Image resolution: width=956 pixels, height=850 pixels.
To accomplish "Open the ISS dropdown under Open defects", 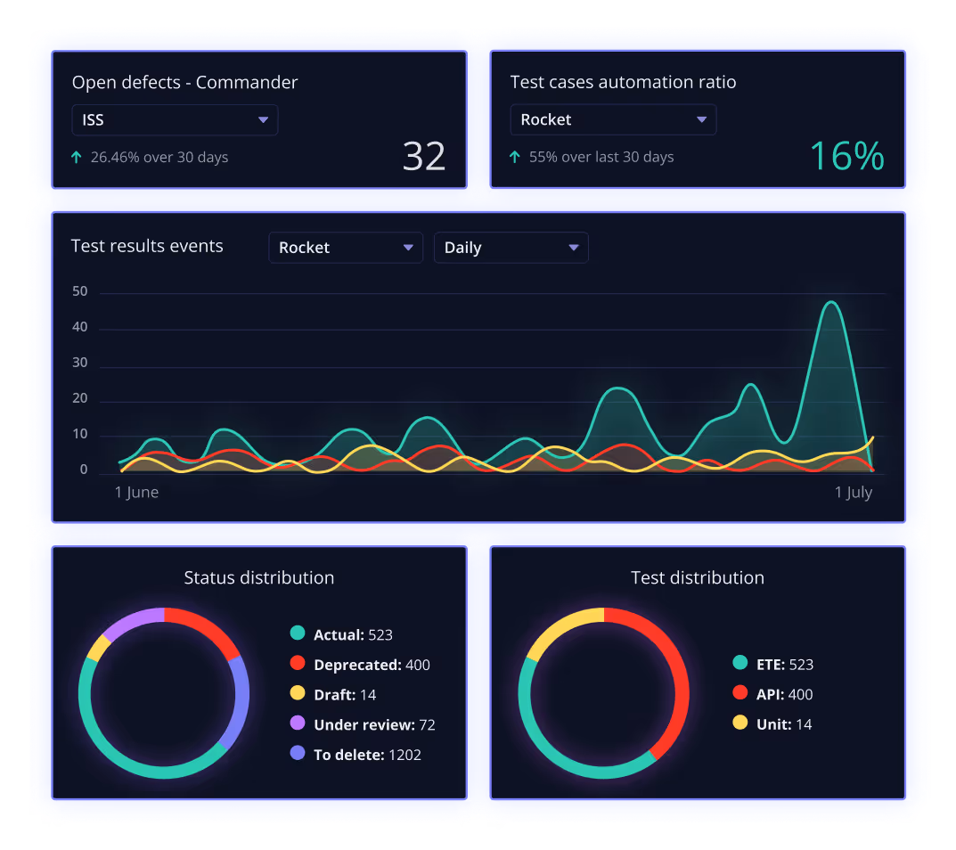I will tap(175, 120).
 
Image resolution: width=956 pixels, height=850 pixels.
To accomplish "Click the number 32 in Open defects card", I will tap(424, 157).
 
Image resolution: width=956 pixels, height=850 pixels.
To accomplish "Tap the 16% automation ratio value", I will tap(846, 157).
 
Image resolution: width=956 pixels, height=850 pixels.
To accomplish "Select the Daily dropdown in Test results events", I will tap(511, 248).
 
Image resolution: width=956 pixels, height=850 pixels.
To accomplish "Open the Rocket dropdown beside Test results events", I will tap(346, 248).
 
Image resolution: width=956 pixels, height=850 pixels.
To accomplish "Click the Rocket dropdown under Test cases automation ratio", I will tap(613, 120).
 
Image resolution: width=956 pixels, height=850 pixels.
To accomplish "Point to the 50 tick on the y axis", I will tap(80, 291).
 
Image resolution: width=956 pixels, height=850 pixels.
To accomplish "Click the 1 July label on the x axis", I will tap(853, 493).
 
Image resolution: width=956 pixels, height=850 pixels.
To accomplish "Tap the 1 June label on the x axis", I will tap(136, 493).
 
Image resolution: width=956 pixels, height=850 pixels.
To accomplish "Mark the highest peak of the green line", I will tap(831, 302).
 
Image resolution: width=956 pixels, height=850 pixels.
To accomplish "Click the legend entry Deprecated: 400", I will tap(371, 665).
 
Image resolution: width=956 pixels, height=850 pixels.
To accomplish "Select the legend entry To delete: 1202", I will tap(367, 755).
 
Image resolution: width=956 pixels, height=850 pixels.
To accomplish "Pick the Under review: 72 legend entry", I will tap(374, 725).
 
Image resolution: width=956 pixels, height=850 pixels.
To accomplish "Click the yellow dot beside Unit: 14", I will tap(739, 723).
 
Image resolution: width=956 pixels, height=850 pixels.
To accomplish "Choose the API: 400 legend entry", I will tap(784, 694).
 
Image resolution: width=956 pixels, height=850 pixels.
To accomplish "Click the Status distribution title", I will tap(259, 577).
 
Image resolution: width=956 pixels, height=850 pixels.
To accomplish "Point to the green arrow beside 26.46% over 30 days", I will tap(77, 158).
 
